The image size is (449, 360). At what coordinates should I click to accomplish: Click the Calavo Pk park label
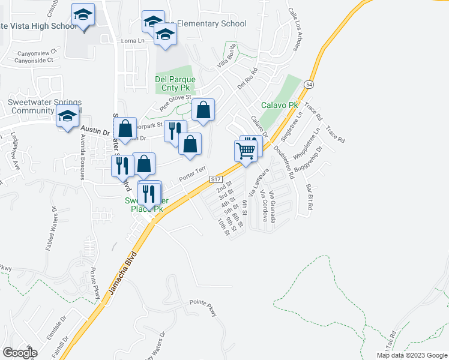click(x=279, y=105)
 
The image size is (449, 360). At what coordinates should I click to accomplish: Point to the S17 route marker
click(x=216, y=179)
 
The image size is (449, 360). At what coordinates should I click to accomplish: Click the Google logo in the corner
click(x=20, y=353)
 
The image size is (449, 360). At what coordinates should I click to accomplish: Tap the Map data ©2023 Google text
click(x=411, y=355)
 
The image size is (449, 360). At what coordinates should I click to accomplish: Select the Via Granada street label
click(x=271, y=206)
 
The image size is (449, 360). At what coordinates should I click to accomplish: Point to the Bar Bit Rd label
click(x=310, y=196)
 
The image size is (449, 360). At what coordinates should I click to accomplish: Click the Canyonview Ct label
click(x=37, y=51)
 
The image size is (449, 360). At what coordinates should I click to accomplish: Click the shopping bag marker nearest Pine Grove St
click(x=203, y=111)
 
